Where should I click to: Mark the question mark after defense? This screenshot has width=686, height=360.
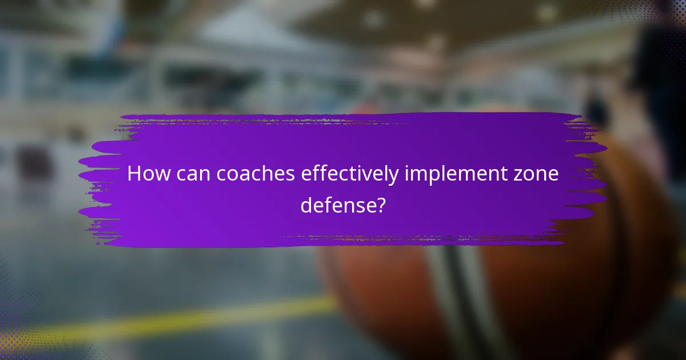(x=380, y=205)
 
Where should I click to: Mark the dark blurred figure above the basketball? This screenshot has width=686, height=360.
(x=657, y=86)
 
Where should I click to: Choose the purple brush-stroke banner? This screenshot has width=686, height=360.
(x=343, y=131)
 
